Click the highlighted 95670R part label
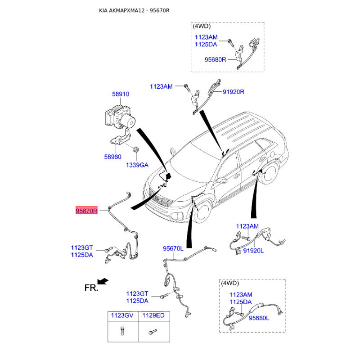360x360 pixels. [x=86, y=211]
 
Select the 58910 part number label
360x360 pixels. [x=121, y=94]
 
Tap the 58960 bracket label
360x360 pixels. [x=112, y=157]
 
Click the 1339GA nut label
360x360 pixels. [x=137, y=165]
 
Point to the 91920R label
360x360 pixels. [x=234, y=92]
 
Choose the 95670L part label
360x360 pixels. [x=173, y=248]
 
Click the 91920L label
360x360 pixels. [x=253, y=251]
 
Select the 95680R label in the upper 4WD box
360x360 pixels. [x=216, y=60]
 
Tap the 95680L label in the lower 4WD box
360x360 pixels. [x=259, y=318]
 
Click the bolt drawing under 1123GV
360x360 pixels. [x=122, y=331]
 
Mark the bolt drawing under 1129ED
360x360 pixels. [x=153, y=332]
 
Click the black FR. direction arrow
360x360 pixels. [x=103, y=281]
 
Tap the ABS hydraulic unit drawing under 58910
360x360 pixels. [x=120, y=117]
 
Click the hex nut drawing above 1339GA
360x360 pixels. [x=136, y=149]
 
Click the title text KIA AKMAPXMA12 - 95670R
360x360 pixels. [x=134, y=10]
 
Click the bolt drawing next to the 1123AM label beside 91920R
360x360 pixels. [x=187, y=87]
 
